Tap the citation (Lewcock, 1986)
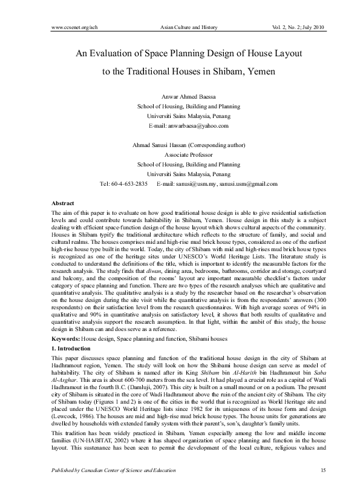pyautogui.click(x=74, y=417)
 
